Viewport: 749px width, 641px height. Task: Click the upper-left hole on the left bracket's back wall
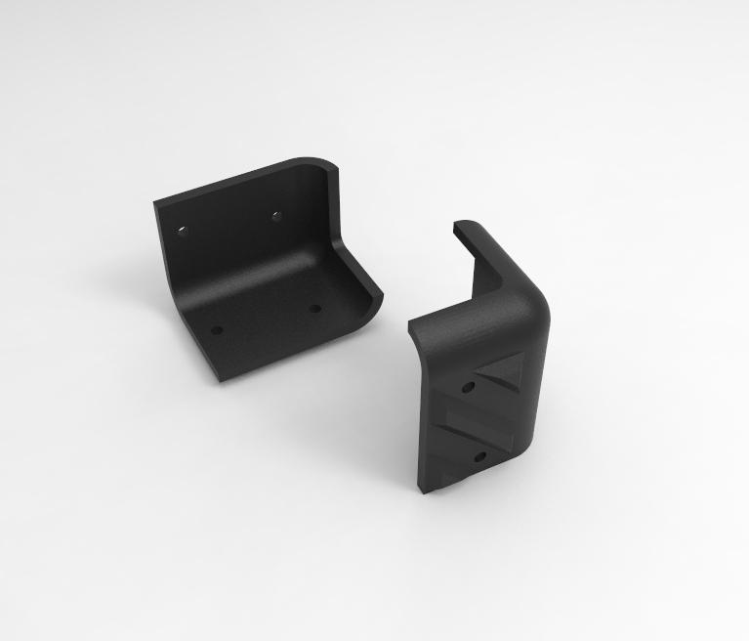click(183, 231)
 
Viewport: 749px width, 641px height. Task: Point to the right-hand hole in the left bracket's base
click(314, 308)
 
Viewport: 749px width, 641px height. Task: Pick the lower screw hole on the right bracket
click(480, 455)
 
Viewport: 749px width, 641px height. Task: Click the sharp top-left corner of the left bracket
click(155, 203)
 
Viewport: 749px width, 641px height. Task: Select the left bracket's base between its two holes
click(266, 319)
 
